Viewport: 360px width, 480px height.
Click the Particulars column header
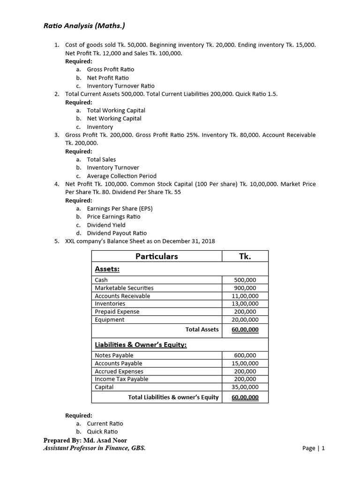pyautogui.click(x=157, y=256)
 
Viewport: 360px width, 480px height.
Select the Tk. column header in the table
pyautogui.click(x=245, y=256)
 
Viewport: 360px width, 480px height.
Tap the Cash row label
pyautogui.click(x=101, y=280)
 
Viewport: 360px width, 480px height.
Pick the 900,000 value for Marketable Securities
pyautogui.click(x=245, y=288)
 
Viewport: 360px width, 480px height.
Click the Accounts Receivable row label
pyautogui.click(x=122, y=296)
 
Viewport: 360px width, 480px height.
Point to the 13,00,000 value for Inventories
pyautogui.click(x=245, y=304)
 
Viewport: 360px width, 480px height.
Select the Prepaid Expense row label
pyautogui.click(x=117, y=312)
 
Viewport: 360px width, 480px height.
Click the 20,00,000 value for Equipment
pyautogui.click(x=245, y=320)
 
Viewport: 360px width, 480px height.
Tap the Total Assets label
pyautogui.click(x=202, y=330)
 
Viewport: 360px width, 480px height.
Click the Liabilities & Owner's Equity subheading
pyautogui.click(x=141, y=345)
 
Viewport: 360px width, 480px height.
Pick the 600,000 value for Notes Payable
pyautogui.click(x=245, y=355)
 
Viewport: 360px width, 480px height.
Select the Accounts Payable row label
pyautogui.click(x=118, y=363)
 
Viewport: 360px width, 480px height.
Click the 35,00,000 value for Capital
pyautogui.click(x=245, y=387)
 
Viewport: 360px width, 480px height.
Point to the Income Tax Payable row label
pyautogui.click(x=121, y=379)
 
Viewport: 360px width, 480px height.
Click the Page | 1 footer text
pyautogui.click(x=314, y=448)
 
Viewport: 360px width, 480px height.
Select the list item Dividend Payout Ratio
pyautogui.click(x=117, y=233)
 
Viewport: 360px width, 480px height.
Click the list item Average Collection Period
pyautogui.click(x=121, y=176)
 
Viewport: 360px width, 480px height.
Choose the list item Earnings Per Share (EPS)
pyautogui.click(x=120, y=209)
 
